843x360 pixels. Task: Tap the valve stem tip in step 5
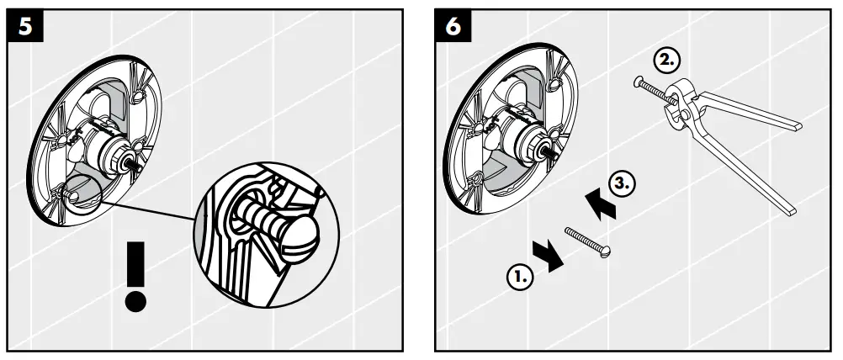[x=135, y=161]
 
